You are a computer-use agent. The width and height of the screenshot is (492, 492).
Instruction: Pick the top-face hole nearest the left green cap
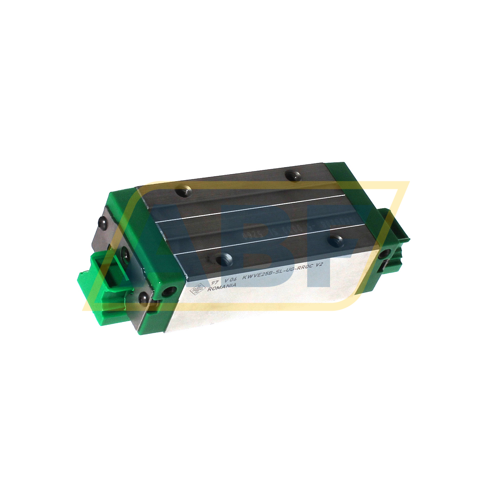[184, 191]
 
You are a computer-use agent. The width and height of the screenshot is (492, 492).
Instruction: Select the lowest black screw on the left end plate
[143, 298]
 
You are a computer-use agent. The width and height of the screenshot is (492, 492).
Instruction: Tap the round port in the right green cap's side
[385, 254]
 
